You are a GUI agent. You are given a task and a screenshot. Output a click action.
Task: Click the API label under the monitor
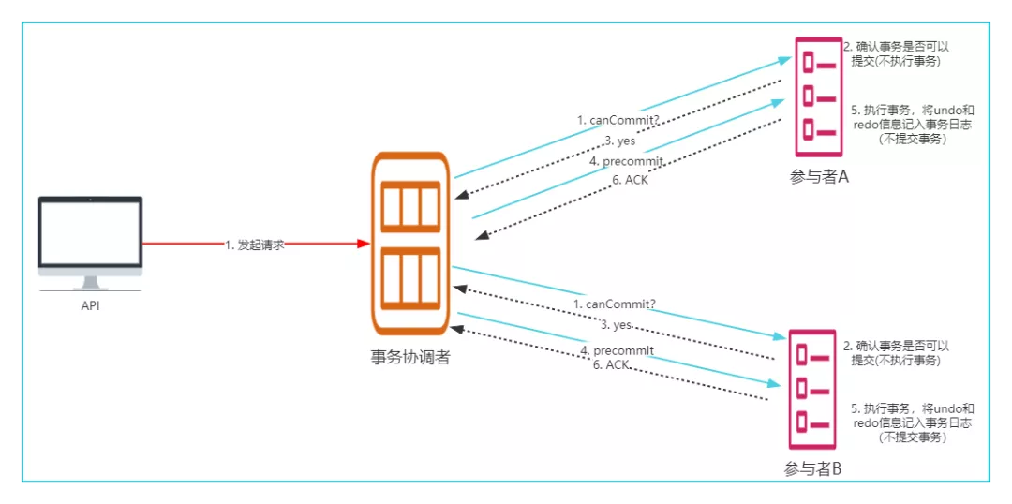coord(90,305)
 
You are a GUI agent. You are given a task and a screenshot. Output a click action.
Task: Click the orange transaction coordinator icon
coord(409,244)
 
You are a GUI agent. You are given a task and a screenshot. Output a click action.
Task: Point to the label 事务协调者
coord(409,357)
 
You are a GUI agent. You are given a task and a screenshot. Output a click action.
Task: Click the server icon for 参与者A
coord(818,96)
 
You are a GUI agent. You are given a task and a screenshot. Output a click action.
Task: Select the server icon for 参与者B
coord(811,389)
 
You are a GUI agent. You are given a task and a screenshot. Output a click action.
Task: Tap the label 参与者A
coord(819,177)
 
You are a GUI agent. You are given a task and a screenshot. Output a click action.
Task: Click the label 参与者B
coord(812,469)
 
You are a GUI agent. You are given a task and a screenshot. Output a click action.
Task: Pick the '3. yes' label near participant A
coord(619,141)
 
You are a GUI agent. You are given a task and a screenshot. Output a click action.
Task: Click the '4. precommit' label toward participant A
coord(626,161)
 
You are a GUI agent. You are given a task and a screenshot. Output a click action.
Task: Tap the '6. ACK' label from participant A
coord(631,180)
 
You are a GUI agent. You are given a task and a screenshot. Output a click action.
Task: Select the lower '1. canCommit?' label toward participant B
coord(615,304)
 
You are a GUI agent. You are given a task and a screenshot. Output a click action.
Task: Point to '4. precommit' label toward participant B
coord(617,350)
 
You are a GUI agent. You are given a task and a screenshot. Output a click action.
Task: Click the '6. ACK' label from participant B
coord(611,364)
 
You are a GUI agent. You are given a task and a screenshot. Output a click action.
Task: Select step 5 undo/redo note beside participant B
coord(912,422)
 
